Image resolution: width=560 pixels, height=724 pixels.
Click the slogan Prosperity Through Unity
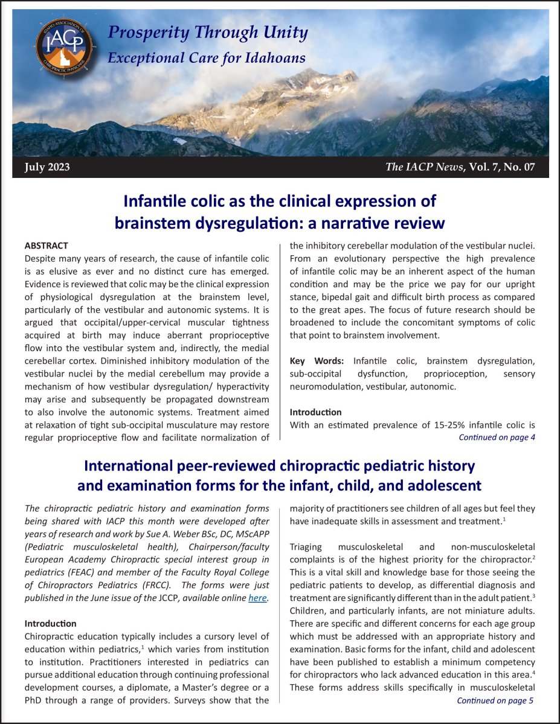[x=207, y=33]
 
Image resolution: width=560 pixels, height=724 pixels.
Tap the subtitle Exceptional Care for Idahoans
[x=206, y=58]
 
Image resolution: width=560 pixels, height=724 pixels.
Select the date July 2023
[x=47, y=167]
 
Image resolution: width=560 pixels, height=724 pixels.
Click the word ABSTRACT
[x=46, y=246]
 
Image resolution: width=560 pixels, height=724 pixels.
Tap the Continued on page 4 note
[x=497, y=437]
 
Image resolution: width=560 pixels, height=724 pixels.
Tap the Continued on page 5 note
[x=495, y=700]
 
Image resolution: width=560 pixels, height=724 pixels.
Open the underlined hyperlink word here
[x=257, y=598]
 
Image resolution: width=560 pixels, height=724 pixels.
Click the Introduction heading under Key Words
[x=315, y=412]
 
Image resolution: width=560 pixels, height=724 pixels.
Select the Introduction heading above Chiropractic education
[x=50, y=623]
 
